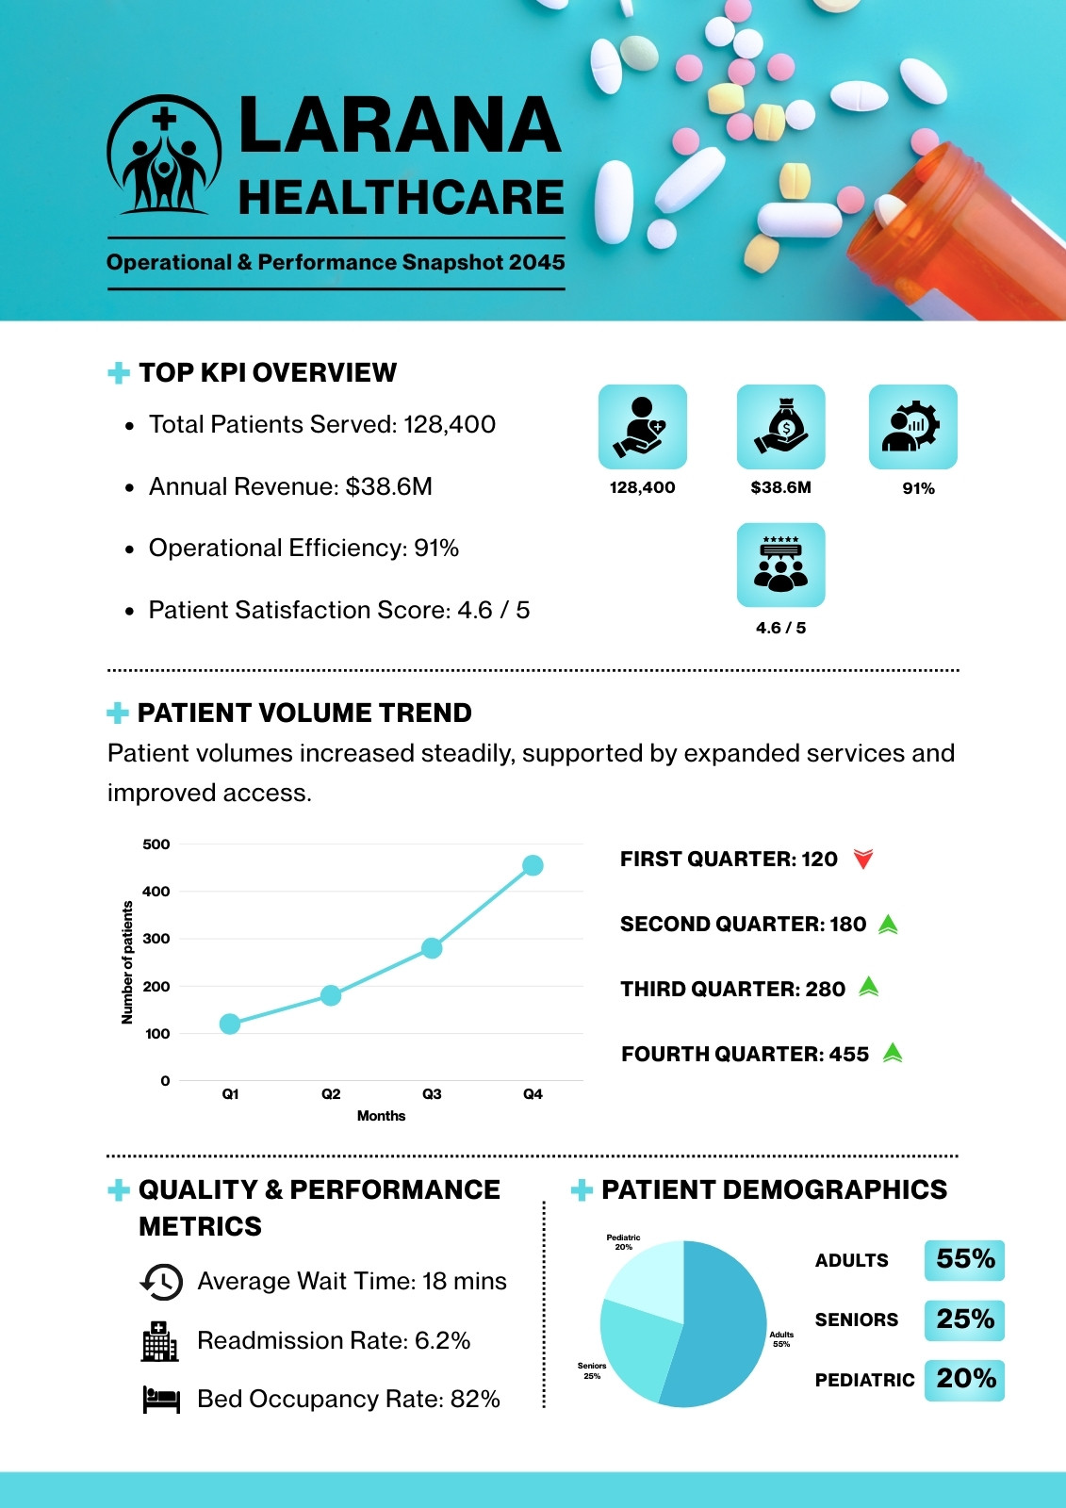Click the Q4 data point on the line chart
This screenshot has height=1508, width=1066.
pos(533,865)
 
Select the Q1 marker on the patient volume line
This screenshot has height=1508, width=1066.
pos(230,1024)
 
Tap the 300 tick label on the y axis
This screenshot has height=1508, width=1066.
pos(156,939)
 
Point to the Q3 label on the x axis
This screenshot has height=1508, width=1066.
pos(432,1094)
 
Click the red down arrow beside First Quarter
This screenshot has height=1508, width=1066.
pos(863,859)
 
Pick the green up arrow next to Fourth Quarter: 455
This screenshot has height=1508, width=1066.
pos(893,1052)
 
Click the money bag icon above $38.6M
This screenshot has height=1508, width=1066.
pos(780,427)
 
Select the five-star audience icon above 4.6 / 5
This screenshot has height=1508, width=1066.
pos(780,565)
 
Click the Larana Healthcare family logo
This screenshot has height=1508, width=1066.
pos(164,155)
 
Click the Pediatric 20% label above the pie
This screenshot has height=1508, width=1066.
pos(624,1242)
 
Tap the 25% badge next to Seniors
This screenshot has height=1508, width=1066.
pos(964,1319)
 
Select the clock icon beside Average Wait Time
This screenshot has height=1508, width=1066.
pos(161,1281)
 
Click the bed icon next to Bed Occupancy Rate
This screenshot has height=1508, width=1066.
pos(161,1399)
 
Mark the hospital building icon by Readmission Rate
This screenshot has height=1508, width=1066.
pos(159,1340)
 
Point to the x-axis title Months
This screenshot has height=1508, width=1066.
pos(381,1116)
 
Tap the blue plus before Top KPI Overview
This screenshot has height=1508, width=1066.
pos(119,373)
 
